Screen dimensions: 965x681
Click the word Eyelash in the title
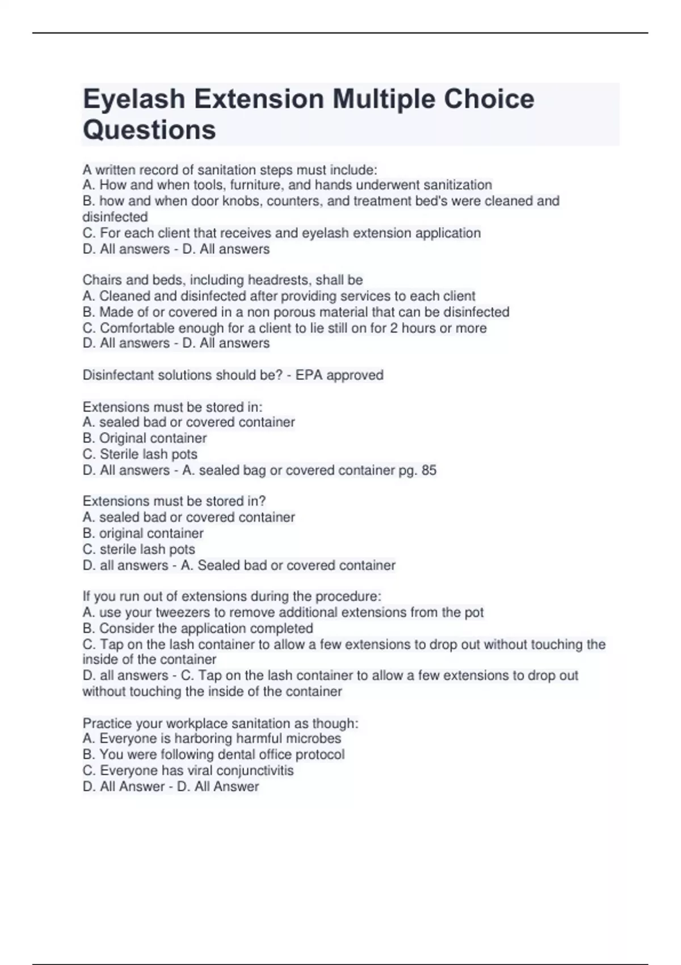134,99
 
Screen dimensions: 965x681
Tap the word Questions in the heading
149,130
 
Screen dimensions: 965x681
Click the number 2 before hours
393,328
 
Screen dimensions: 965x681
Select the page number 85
429,471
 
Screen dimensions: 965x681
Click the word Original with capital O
127,438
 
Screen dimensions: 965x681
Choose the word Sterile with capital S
120,454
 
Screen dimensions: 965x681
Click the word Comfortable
137,328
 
